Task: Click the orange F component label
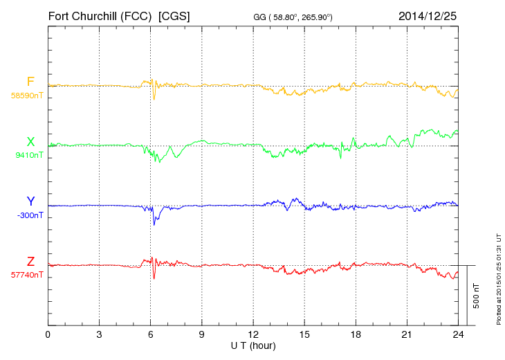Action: click(x=30, y=82)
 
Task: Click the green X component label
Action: click(x=30, y=141)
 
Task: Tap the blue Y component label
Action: click(x=30, y=201)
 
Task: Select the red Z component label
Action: click(x=30, y=261)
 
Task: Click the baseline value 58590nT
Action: click(x=26, y=96)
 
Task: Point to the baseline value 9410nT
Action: click(x=28, y=155)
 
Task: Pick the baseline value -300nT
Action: click(x=30, y=215)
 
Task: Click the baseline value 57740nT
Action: click(x=26, y=275)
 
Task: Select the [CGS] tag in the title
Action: click(x=174, y=15)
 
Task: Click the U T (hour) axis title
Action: click(x=253, y=345)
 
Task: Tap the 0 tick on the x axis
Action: click(x=48, y=334)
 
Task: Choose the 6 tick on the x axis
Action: click(x=150, y=334)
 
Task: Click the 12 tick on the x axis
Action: click(x=253, y=334)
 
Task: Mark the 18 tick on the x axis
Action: click(x=356, y=334)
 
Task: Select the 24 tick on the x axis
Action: click(x=458, y=334)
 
